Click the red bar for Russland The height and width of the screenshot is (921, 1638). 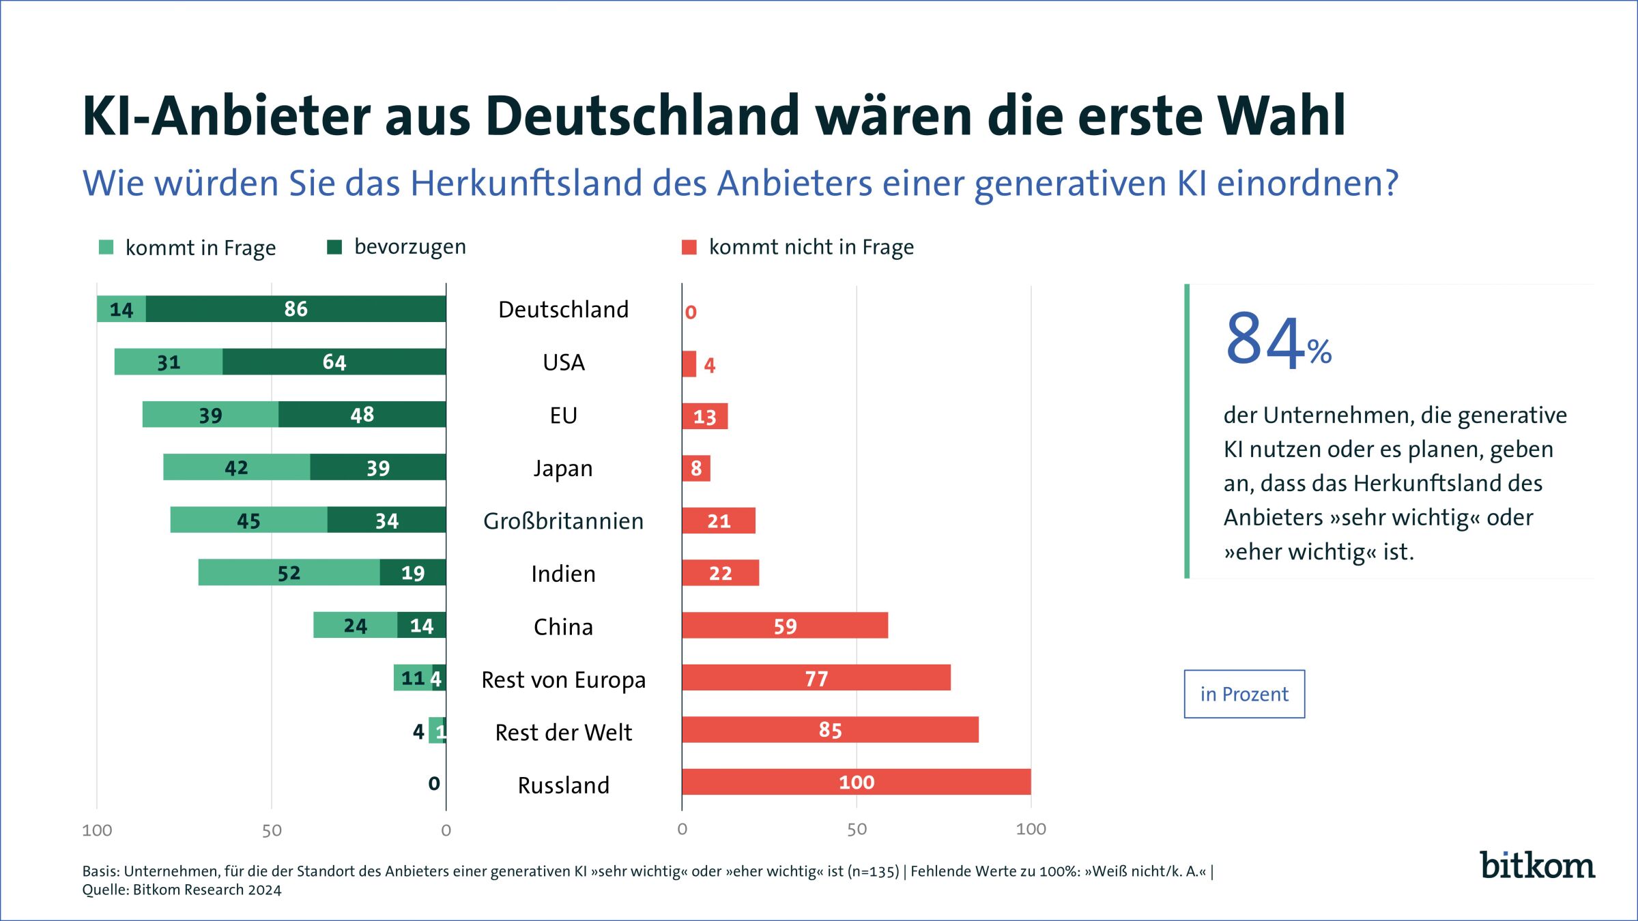856,782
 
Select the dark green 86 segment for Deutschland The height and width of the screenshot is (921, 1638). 296,309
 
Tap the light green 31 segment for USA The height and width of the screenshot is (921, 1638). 168,362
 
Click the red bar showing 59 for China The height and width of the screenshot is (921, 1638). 785,626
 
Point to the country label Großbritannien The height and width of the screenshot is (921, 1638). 563,521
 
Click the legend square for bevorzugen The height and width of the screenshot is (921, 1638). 334,247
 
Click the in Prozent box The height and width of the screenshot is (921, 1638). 1244,694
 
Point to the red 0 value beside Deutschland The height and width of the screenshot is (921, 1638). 691,312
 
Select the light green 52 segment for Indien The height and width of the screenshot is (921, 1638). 289,572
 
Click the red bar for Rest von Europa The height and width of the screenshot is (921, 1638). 816,678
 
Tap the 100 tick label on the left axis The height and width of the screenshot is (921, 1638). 97,830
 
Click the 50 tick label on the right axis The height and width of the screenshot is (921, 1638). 857,830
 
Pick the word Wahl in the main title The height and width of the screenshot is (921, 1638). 1283,116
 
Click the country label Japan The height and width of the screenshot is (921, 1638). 563,469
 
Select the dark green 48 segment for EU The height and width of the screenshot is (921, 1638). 362,414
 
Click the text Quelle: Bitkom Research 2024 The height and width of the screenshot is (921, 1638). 182,890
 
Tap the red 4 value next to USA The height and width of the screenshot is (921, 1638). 710,366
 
